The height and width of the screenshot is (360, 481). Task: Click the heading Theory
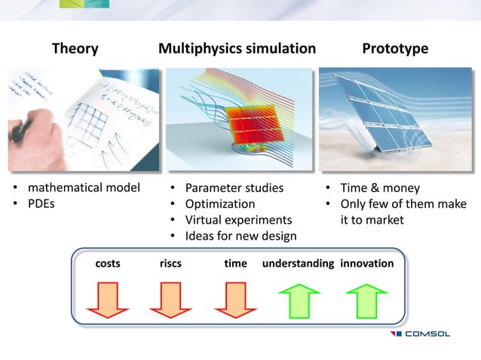[x=75, y=49]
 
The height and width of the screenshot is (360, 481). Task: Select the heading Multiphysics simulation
[x=237, y=49]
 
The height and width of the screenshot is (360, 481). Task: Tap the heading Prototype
[x=395, y=49]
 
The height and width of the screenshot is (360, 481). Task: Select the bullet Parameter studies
[x=234, y=188]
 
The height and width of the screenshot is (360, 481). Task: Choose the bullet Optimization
[x=220, y=203]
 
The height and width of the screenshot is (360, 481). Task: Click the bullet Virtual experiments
[x=238, y=220]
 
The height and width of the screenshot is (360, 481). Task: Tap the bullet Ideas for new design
[x=240, y=236]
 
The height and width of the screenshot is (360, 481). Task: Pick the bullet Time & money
[x=380, y=188]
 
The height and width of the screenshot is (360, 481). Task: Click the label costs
[x=108, y=264]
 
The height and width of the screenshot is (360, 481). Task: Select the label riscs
[x=170, y=264]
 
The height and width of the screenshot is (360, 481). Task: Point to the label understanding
[x=298, y=264]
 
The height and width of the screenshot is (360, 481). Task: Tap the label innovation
[x=366, y=264]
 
